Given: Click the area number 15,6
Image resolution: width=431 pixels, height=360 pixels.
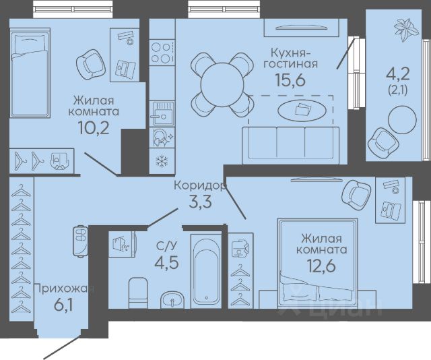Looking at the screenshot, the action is click(x=290, y=80).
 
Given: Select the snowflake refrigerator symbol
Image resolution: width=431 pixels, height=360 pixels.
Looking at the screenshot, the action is click(x=162, y=161).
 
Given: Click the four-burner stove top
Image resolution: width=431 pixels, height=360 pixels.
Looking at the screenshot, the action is click(x=162, y=53).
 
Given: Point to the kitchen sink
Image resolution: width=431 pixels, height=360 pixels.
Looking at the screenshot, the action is click(x=162, y=113).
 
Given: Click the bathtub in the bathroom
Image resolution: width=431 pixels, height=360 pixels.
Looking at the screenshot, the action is click(x=206, y=271).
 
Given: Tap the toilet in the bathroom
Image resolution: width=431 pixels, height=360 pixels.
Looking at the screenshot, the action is click(x=138, y=293).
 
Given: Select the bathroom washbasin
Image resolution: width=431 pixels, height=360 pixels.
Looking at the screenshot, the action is click(x=172, y=300).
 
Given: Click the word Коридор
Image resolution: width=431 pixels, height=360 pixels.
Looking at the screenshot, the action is click(x=200, y=185).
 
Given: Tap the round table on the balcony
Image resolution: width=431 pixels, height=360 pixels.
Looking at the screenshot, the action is click(x=402, y=120).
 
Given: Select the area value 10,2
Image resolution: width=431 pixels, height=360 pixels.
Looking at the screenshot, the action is click(x=94, y=127).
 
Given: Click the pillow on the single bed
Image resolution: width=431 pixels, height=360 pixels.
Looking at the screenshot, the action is click(x=30, y=44).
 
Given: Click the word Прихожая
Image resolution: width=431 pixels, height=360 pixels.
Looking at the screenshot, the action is click(x=64, y=289).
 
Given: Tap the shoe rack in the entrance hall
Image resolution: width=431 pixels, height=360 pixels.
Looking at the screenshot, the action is click(x=80, y=241).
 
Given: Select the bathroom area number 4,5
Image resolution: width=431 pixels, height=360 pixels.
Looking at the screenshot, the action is click(x=166, y=262).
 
